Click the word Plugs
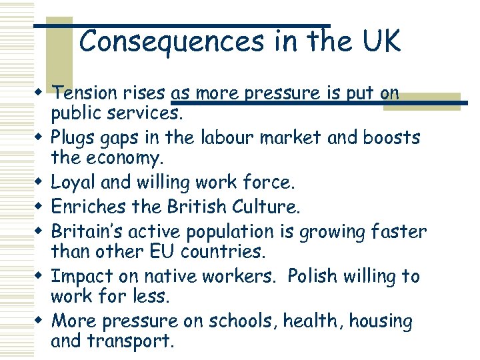coord(72,137)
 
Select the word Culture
coord(270,207)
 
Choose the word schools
coord(245,321)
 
